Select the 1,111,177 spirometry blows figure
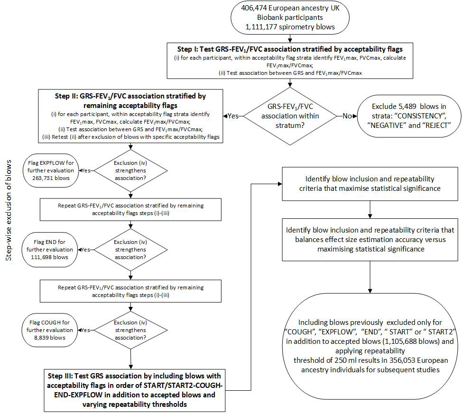290,27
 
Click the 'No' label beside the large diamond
347,116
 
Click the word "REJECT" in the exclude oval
436,126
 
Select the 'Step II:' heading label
66,96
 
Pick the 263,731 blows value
51,178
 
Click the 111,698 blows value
49,257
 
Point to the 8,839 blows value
49,338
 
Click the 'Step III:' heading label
60,376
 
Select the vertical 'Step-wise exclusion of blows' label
9,210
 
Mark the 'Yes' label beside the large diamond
233,116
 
